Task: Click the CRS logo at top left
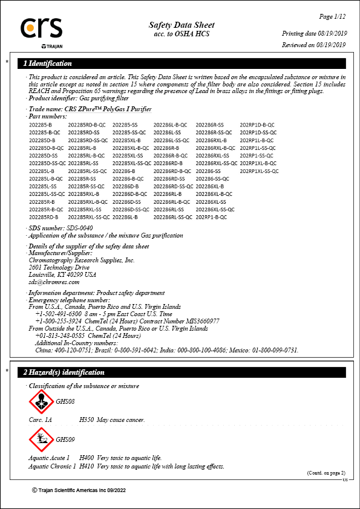point(41,29)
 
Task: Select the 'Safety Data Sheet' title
point(182,25)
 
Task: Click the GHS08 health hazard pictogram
point(41,402)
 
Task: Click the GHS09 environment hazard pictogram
point(41,439)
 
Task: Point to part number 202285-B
point(41,125)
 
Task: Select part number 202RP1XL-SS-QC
point(260,172)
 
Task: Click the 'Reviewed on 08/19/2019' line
point(313,45)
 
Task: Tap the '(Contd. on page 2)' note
point(326,473)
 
